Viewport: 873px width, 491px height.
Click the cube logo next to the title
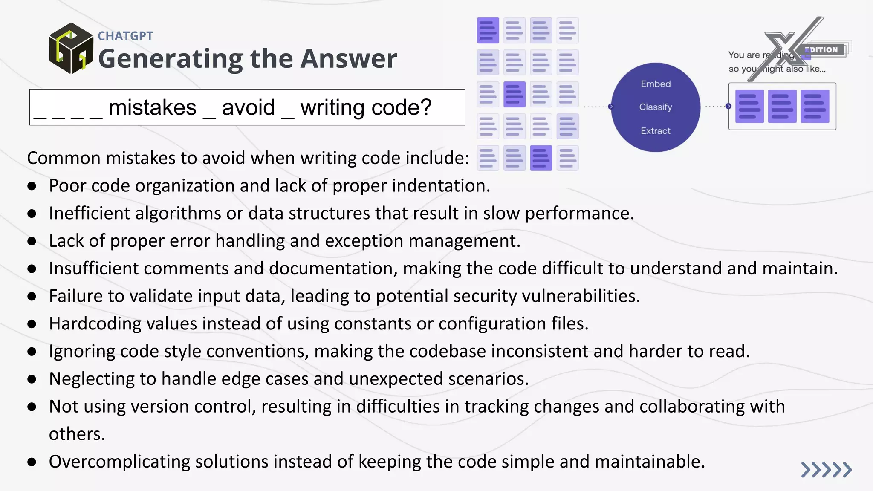[71, 48]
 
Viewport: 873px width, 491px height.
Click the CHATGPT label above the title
[125, 36]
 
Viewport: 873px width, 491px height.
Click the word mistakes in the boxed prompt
[152, 107]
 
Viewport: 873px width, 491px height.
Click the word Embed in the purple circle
[656, 84]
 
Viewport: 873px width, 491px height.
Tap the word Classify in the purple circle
[656, 107]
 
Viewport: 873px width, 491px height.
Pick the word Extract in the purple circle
[656, 131]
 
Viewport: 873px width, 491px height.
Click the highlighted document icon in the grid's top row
[488, 31]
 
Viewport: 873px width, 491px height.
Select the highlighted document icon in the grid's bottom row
[541, 158]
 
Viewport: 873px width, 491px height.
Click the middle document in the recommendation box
[782, 106]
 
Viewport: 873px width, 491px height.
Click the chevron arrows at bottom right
[826, 470]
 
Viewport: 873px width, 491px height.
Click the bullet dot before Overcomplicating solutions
[32, 462]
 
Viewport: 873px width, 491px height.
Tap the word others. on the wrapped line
[77, 434]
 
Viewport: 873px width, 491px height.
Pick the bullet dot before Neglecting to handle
[32, 379]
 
